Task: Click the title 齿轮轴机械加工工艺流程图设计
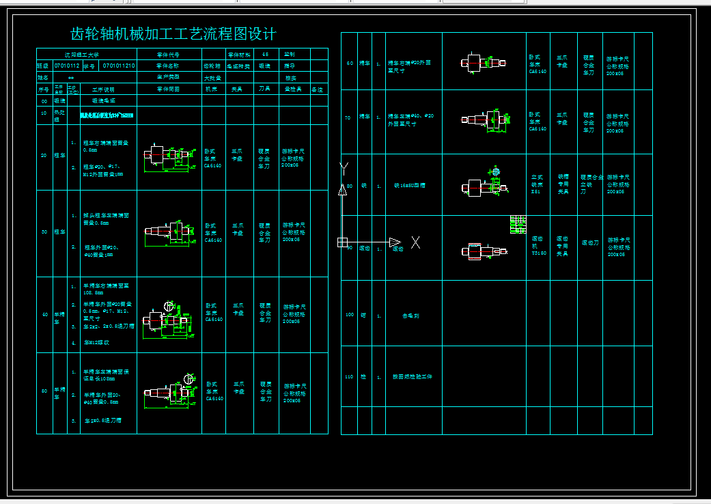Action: [173, 34]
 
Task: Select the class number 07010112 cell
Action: [67, 66]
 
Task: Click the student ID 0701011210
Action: [119, 66]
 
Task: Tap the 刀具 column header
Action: [264, 89]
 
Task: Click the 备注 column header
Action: [318, 89]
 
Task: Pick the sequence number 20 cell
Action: [44, 156]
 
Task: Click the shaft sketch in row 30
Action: [168, 232]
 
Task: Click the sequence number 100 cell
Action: [350, 316]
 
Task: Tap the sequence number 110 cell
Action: [350, 376]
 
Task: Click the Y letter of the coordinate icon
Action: [344, 167]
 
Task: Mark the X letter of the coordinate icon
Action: [415, 242]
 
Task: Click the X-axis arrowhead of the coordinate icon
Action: [395, 242]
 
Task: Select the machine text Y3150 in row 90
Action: [538, 253]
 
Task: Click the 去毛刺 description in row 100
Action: [410, 316]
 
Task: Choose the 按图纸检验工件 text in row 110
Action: [412, 376]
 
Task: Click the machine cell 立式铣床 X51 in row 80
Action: [538, 184]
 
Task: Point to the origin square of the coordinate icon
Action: [343, 242]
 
